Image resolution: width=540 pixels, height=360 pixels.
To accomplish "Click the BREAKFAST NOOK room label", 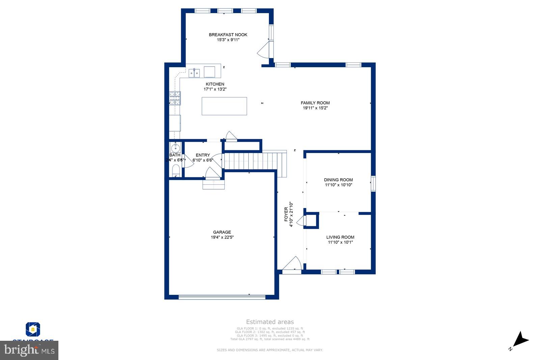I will point(228,35).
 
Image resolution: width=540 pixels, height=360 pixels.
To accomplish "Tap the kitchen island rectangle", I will point(224,106).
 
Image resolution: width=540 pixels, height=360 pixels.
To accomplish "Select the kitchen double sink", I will point(194,73).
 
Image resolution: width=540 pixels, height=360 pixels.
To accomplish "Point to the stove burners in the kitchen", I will point(175,98).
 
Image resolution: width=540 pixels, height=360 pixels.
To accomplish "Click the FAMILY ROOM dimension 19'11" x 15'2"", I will point(315,108).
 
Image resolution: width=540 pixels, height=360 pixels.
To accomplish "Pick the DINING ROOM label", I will point(338,180).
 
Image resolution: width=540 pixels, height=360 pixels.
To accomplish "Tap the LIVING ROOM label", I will point(340,237).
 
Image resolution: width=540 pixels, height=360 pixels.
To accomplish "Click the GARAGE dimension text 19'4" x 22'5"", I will point(222,237).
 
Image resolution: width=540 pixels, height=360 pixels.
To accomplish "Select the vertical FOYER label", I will point(286,214).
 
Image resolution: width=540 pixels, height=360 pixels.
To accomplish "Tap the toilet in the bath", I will point(176,171).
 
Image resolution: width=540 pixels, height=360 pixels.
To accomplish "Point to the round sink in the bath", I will point(175,148).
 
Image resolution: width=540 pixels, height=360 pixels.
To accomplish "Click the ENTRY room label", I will point(203,155).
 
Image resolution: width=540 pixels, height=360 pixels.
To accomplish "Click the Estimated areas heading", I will point(270,322).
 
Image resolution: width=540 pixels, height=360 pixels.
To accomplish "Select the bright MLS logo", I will point(29,350).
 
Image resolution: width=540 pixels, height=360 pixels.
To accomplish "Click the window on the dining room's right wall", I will point(373,184).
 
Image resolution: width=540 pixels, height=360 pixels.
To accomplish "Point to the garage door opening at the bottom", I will point(222,297).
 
